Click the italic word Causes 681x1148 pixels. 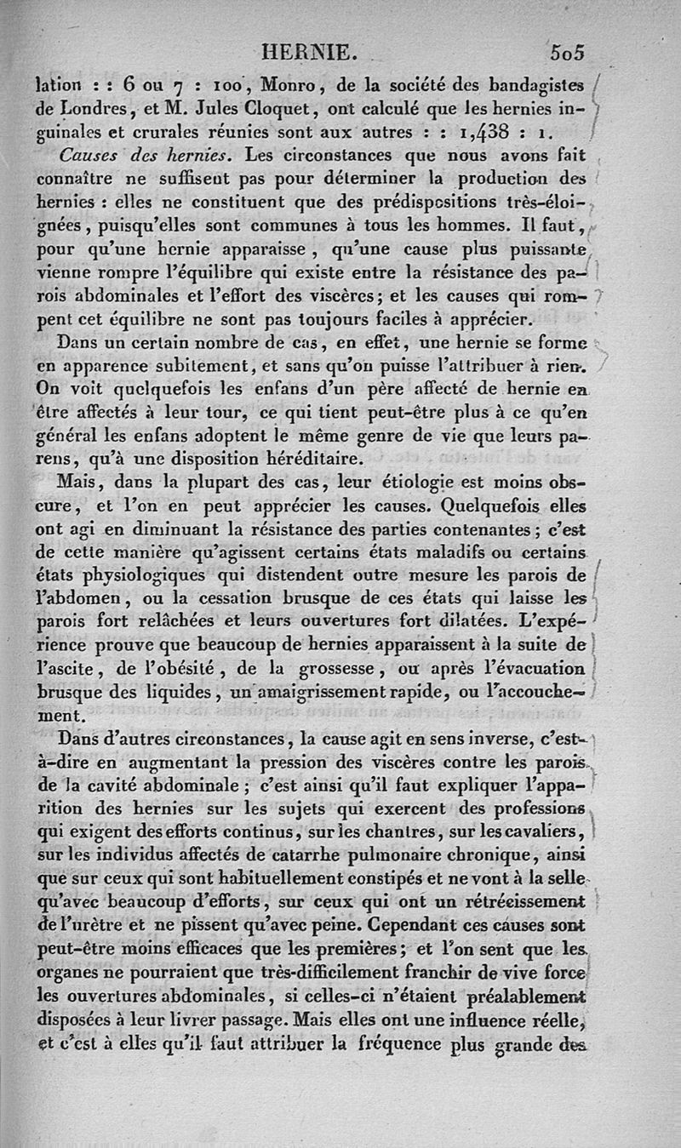tap(94, 157)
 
